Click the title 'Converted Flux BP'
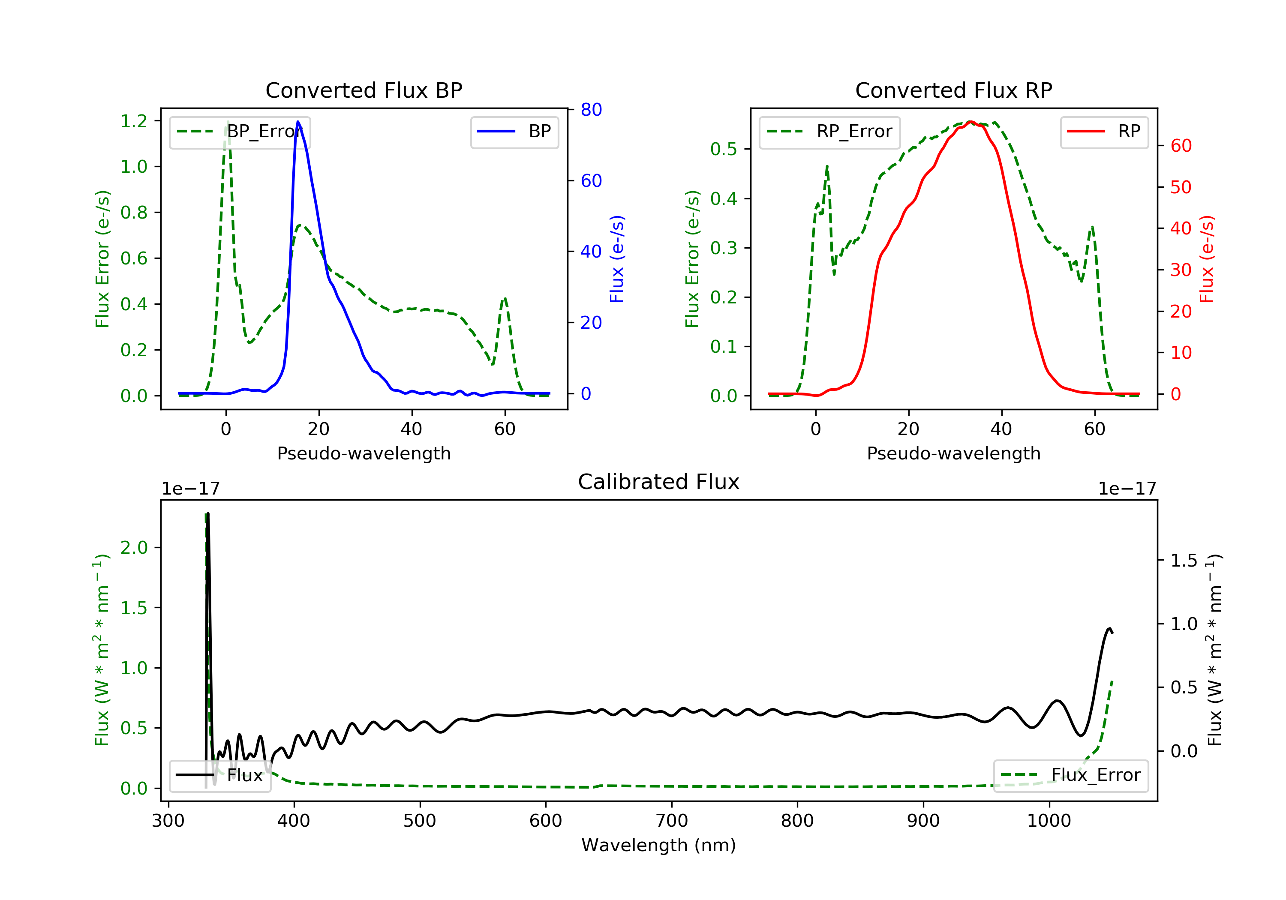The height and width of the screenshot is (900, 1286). (364, 90)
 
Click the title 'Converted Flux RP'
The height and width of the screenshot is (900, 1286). (953, 90)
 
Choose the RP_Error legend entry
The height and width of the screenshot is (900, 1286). (829, 132)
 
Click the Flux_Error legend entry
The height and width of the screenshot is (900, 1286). (1070, 775)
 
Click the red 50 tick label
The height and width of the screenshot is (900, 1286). (1181, 187)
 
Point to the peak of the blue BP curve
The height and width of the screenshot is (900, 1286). (298, 122)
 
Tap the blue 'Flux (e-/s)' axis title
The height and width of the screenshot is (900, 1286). (617, 259)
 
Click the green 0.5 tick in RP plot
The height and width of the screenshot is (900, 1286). (723, 149)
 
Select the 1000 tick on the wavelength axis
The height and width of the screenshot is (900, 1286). (1049, 821)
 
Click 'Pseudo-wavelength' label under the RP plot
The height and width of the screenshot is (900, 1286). (953, 453)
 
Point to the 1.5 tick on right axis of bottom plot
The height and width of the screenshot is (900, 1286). (1184, 561)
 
